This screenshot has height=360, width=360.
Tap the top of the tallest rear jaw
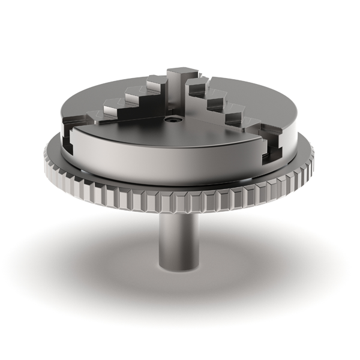coord(178,73)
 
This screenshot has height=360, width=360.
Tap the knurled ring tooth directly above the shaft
coord(179,202)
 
